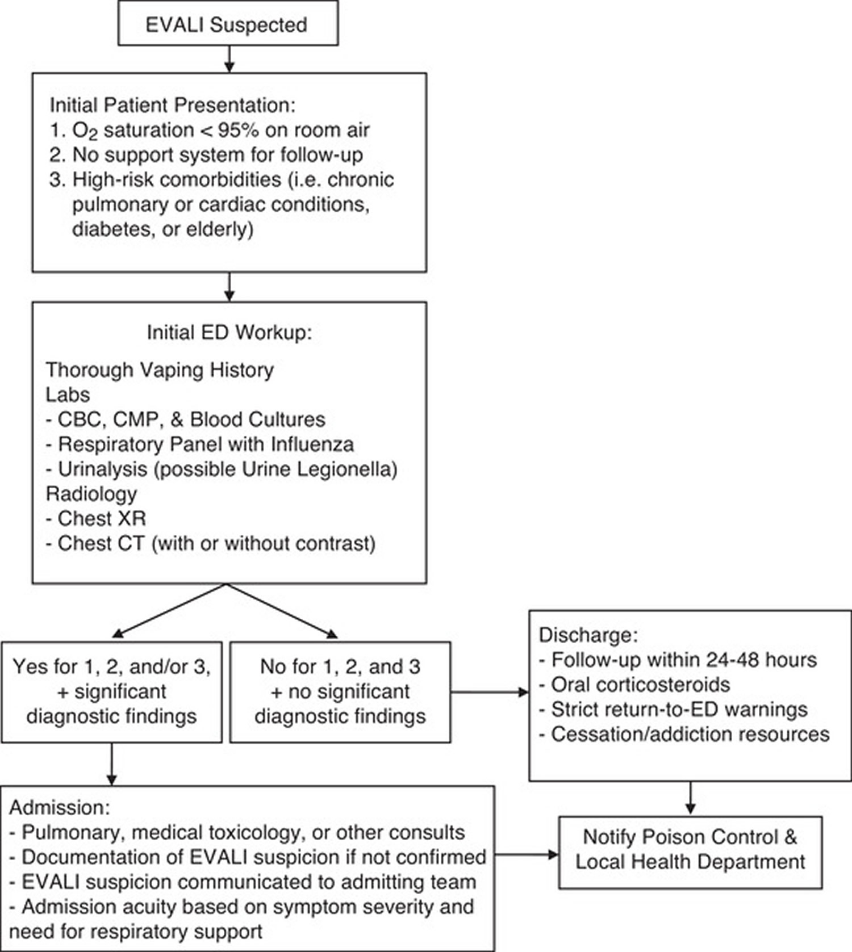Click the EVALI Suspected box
(228, 23)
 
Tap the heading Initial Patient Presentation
(173, 105)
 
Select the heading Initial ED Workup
(229, 332)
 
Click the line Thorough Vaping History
(160, 370)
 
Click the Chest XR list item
(96, 518)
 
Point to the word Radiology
(91, 494)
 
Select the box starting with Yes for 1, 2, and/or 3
(111, 691)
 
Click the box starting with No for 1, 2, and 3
(340, 691)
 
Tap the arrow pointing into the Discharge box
(490, 692)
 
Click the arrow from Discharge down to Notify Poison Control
(690, 798)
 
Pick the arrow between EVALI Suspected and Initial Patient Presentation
(229, 59)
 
